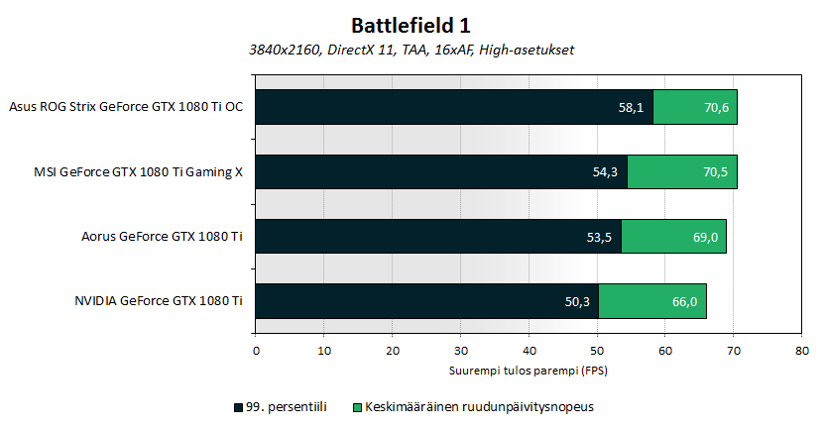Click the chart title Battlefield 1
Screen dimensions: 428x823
(x=411, y=24)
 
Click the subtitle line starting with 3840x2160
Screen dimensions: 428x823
(x=411, y=50)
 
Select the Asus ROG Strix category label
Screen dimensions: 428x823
(x=126, y=107)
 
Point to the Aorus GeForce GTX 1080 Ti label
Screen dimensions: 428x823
(x=163, y=236)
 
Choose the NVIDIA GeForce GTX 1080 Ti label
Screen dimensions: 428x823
(x=158, y=300)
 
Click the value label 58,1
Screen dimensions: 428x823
(x=632, y=107)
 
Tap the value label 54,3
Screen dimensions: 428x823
(x=605, y=171)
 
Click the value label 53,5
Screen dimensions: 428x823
(x=600, y=236)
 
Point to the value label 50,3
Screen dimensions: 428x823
(x=578, y=300)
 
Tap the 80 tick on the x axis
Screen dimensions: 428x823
(x=801, y=351)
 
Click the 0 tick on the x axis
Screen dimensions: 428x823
(x=256, y=351)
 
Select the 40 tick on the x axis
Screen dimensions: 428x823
(x=529, y=351)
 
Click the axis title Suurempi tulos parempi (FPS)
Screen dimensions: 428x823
(x=529, y=372)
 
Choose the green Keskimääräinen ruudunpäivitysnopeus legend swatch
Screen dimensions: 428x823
(x=358, y=407)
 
